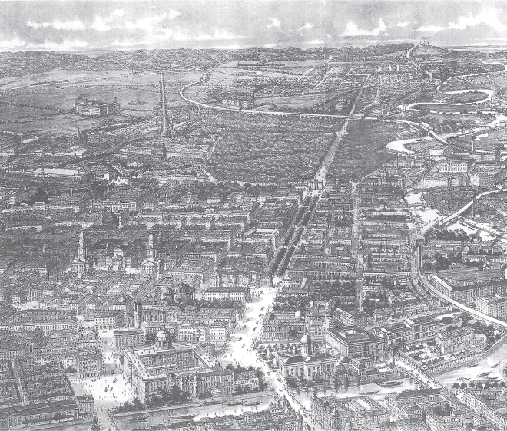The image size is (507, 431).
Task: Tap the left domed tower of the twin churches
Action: [81, 249]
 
